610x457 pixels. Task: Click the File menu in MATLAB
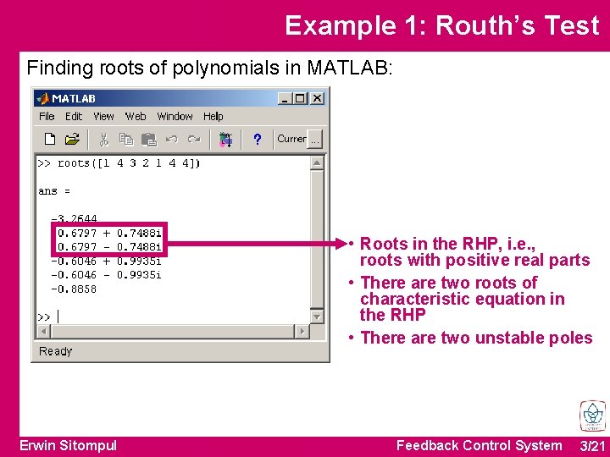pyautogui.click(x=47, y=117)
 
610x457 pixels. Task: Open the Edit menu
pyautogui.click(x=74, y=117)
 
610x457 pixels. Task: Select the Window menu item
pyautogui.click(x=175, y=117)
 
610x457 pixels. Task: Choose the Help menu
pyautogui.click(x=213, y=117)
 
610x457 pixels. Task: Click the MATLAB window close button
pyautogui.click(x=317, y=98)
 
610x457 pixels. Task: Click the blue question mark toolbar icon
pyautogui.click(x=257, y=139)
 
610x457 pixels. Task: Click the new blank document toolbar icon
pyautogui.click(x=50, y=139)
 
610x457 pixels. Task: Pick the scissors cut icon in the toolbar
pyautogui.click(x=103, y=139)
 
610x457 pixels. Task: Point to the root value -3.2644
pyautogui.click(x=75, y=219)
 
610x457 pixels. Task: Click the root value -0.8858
pyautogui.click(x=75, y=289)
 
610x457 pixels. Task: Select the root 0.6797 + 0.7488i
pyautogui.click(x=109, y=233)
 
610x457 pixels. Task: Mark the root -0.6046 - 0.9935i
pyautogui.click(x=106, y=275)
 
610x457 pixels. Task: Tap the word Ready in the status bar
pyautogui.click(x=56, y=351)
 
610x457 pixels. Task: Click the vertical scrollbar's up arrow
pyautogui.click(x=317, y=162)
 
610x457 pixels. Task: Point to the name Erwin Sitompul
pyautogui.click(x=69, y=445)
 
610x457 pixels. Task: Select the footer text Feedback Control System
pyautogui.click(x=479, y=445)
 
